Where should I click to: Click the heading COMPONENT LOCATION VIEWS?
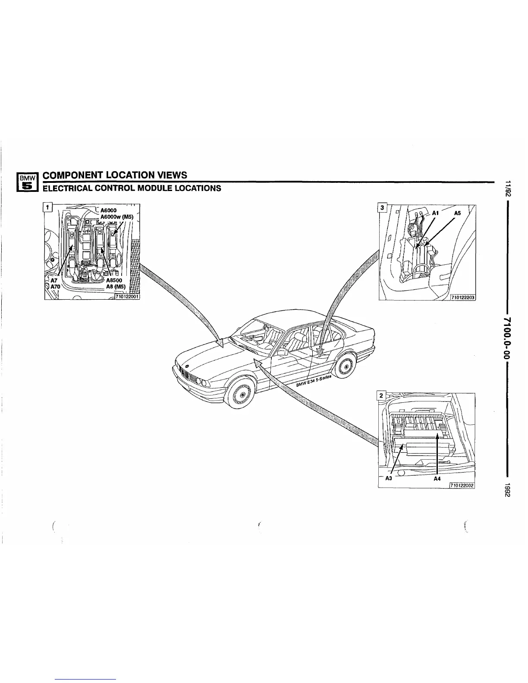(116, 175)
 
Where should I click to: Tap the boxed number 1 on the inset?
(49, 207)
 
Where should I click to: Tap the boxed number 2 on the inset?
(381, 395)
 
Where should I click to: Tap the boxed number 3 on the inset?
(381, 207)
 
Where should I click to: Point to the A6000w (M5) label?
(118, 217)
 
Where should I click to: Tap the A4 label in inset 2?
(437, 478)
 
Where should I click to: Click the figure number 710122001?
(127, 295)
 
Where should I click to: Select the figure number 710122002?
(462, 485)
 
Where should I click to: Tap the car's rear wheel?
(346, 367)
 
